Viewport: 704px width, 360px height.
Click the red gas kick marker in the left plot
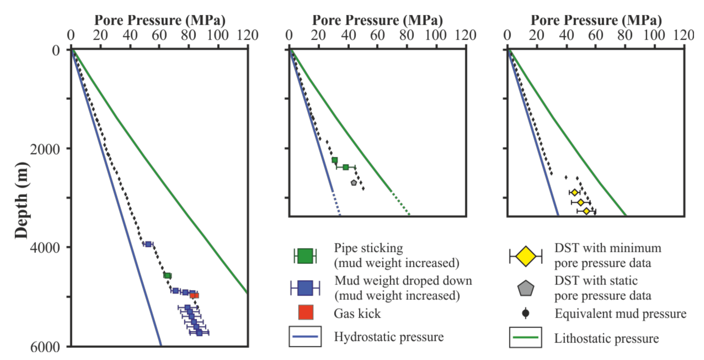(195, 295)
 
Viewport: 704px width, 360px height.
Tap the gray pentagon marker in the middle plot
(354, 183)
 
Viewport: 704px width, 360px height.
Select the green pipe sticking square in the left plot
(167, 275)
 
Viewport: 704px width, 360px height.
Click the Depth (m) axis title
(22, 200)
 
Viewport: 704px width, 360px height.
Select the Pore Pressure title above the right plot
(596, 20)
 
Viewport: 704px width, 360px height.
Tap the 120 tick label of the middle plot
(465, 35)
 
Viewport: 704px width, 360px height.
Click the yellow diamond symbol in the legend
(526, 256)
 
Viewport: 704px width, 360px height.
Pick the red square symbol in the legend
(306, 313)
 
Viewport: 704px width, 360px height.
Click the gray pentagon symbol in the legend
(526, 288)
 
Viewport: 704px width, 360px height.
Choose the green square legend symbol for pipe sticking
(305, 256)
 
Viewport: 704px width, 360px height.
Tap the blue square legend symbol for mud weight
(305, 288)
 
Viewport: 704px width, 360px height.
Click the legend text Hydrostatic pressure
(388, 337)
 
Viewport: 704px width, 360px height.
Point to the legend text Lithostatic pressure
(606, 338)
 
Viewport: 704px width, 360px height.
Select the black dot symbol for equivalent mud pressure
(526, 313)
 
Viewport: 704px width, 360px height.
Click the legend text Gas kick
(357, 314)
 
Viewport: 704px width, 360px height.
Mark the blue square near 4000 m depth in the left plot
(148, 244)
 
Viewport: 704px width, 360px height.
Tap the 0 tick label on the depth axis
(56, 50)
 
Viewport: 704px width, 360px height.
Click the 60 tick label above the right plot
(596, 35)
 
